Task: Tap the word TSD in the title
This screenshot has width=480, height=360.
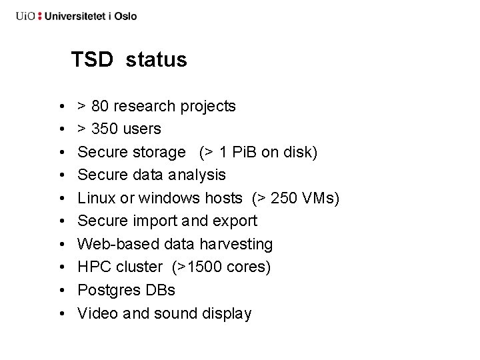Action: pos(93,60)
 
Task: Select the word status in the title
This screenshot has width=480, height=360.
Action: pos(156,60)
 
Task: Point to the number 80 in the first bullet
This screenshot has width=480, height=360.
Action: pos(101,106)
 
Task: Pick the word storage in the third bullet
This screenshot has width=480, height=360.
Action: pos(160,152)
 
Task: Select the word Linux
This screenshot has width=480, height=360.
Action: pos(96,198)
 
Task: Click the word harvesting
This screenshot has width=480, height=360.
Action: pos(236,244)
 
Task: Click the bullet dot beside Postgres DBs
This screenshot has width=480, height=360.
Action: pos(61,290)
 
